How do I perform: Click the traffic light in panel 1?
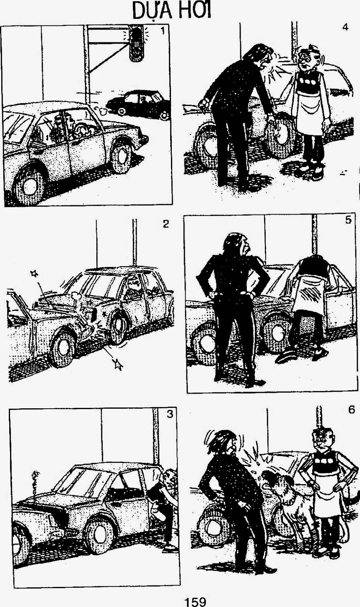137,43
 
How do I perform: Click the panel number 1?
163,31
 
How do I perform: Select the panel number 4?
345,27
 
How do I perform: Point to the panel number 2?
166,224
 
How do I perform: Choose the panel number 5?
348,220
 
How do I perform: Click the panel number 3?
170,414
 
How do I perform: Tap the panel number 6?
351,410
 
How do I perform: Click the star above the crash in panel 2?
34,273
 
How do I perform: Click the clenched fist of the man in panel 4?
204,104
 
